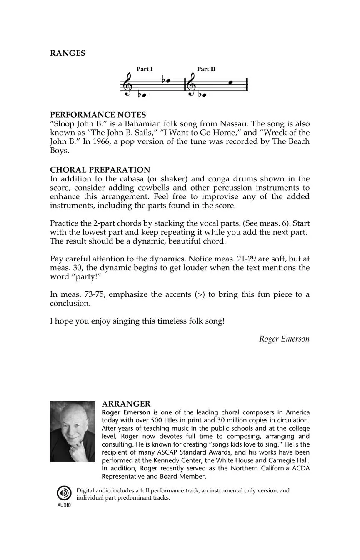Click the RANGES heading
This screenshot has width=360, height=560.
tap(67, 53)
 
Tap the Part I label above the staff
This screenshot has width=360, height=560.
tap(145, 69)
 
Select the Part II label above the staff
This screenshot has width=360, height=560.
tap(206, 69)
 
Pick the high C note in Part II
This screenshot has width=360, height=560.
tap(230, 83)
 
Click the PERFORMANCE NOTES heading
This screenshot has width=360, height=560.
tap(98, 115)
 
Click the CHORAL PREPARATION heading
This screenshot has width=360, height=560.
tap(100, 170)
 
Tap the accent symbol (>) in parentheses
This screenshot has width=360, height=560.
tap(199, 294)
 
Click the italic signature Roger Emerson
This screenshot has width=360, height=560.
tap(284, 339)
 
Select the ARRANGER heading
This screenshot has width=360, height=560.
tap(126, 404)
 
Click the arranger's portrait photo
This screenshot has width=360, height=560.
tap(72, 432)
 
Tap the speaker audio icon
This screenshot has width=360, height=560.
tap(64, 494)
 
